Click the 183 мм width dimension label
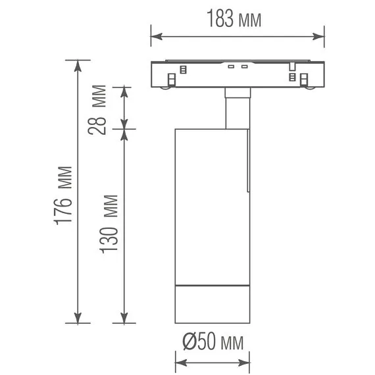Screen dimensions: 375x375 pyautogui.click(x=234, y=18)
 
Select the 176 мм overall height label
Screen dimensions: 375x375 pyautogui.click(x=63, y=195)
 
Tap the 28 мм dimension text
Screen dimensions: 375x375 pyautogui.click(x=97, y=110)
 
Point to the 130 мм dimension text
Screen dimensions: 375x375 pyautogui.click(x=109, y=224)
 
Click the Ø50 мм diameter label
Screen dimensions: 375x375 pyautogui.click(x=213, y=341)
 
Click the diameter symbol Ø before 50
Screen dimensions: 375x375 pyautogui.click(x=189, y=342)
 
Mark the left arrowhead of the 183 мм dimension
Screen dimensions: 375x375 pyautogui.click(x=157, y=37)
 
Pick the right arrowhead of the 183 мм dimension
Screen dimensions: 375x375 pyautogui.click(x=318, y=37)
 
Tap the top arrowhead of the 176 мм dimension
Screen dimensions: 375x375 pyautogui.click(x=78, y=66)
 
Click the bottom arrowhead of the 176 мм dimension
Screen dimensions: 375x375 pyautogui.click(x=78, y=317)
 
